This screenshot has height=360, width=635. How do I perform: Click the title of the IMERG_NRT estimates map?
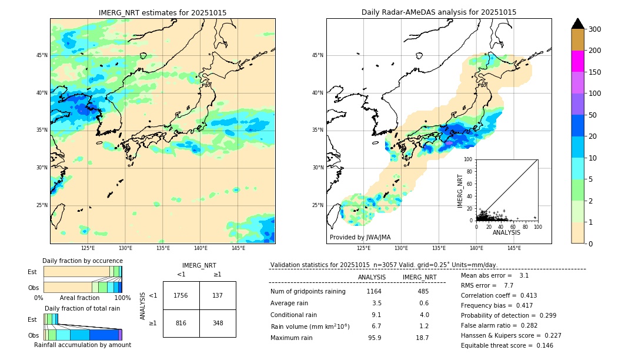click(x=162, y=12)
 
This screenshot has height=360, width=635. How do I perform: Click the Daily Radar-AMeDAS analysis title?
click(x=439, y=12)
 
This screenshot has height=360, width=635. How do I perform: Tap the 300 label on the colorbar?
click(x=595, y=29)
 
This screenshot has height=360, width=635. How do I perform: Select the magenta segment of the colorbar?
click(x=577, y=61)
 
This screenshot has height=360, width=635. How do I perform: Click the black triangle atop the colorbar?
click(x=577, y=24)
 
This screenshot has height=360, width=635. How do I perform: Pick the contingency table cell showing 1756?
click(x=181, y=295)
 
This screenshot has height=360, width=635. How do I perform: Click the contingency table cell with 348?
click(x=218, y=323)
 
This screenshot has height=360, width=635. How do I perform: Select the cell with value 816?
click(x=181, y=323)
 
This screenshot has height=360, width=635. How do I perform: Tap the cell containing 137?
click(x=218, y=295)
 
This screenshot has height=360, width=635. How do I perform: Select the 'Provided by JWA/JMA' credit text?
click(x=360, y=238)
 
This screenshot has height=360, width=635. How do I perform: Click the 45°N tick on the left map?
click(x=42, y=55)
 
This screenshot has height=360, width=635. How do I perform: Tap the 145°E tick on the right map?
click(x=514, y=248)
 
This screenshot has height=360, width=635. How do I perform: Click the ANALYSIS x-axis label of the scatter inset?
click(x=506, y=232)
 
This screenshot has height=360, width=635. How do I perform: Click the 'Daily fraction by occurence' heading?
click(x=82, y=261)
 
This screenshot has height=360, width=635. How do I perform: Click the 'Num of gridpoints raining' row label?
click(x=308, y=291)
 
